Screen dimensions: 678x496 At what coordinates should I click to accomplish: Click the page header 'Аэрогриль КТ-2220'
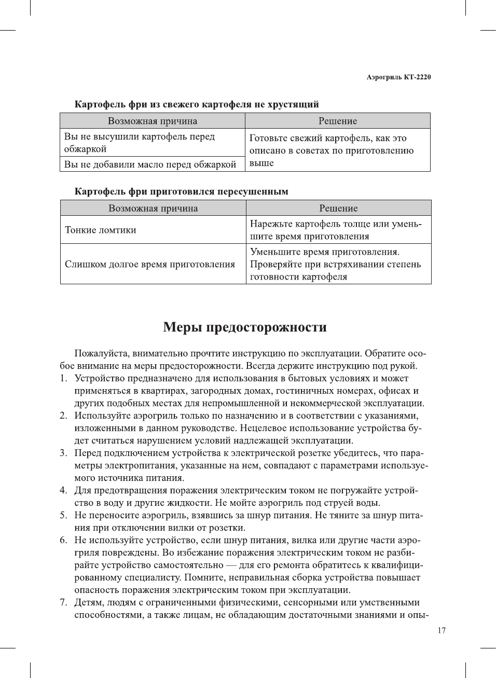click(x=398, y=77)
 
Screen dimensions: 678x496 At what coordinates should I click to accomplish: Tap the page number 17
click(x=441, y=630)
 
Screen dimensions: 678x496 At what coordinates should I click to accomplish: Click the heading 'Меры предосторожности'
click(x=245, y=327)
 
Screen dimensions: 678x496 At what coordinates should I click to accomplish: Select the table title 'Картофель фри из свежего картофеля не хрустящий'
click(x=197, y=104)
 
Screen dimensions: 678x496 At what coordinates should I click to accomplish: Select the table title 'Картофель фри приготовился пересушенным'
click(x=181, y=191)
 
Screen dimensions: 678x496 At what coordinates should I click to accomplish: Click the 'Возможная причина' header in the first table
click(x=153, y=121)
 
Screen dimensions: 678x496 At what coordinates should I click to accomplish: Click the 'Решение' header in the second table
click(x=338, y=208)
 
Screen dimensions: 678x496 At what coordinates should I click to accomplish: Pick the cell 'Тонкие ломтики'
click(x=101, y=230)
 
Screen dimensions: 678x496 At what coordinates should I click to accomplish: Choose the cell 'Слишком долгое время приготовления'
click(x=150, y=264)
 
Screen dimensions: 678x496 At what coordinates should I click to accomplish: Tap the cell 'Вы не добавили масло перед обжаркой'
click(x=150, y=164)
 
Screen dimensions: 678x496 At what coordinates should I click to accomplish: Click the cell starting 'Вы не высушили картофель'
click(x=139, y=143)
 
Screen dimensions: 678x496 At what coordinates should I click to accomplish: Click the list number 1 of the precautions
click(x=63, y=379)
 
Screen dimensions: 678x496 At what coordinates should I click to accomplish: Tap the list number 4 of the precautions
click(x=63, y=491)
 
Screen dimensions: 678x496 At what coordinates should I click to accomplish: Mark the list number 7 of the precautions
click(x=63, y=603)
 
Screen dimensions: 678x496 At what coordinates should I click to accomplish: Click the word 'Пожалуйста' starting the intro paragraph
click(x=102, y=354)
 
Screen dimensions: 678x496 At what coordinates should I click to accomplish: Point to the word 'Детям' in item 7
click(x=89, y=603)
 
